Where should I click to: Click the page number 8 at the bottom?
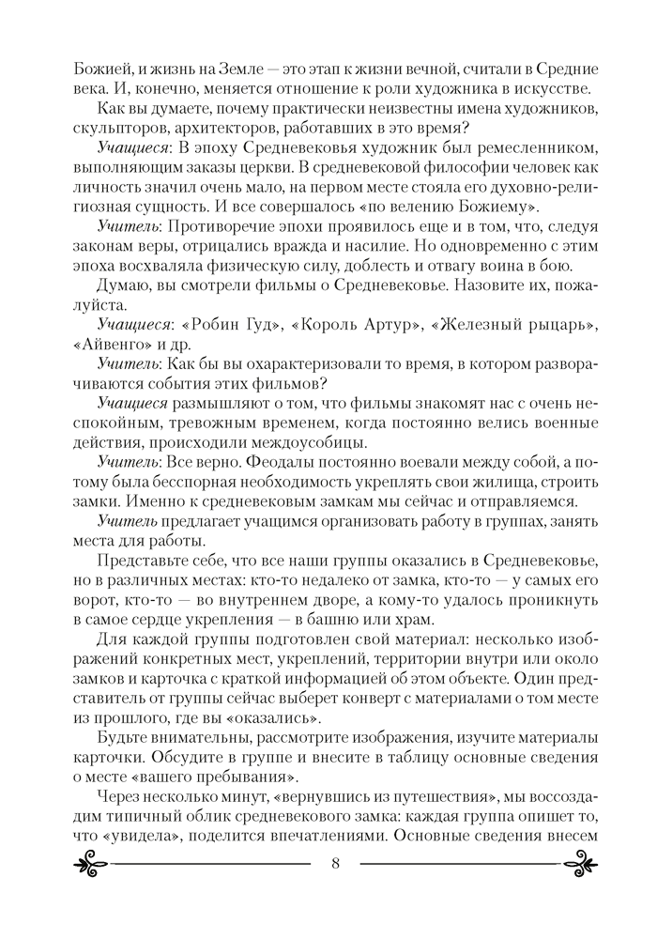coord(335,890)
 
